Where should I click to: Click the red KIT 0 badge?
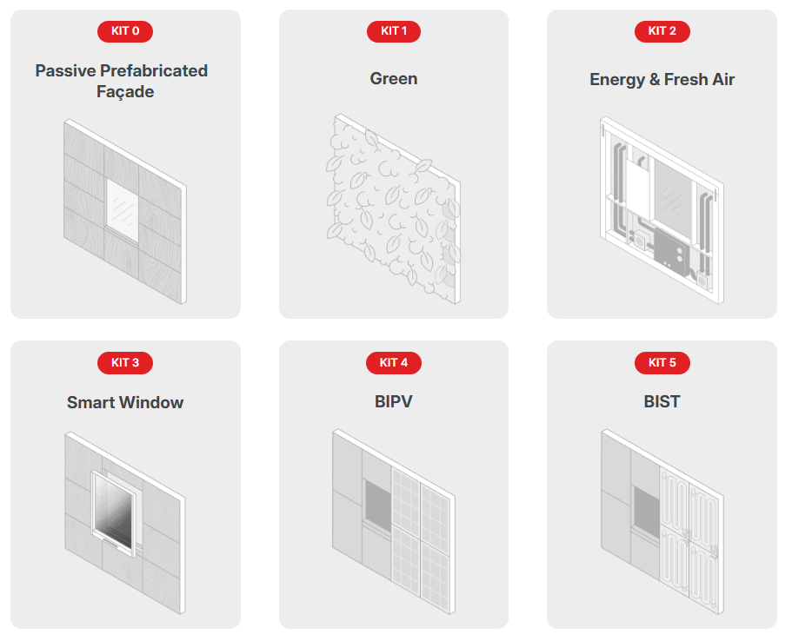pyautogui.click(x=125, y=31)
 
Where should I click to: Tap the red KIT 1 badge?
pyautogui.click(x=394, y=31)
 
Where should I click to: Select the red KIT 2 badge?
pyautogui.click(x=662, y=31)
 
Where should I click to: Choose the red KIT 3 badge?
pyautogui.click(x=125, y=363)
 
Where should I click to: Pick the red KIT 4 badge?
pyautogui.click(x=394, y=363)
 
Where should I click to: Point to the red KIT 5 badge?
pyautogui.click(x=662, y=363)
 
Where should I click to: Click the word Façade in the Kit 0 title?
pyautogui.click(x=125, y=92)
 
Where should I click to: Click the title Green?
pyautogui.click(x=394, y=79)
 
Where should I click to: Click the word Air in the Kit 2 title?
pyautogui.click(x=723, y=79)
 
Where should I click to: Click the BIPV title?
pyautogui.click(x=394, y=402)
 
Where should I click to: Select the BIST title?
pyautogui.click(x=662, y=402)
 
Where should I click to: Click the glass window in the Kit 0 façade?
pyautogui.click(x=123, y=210)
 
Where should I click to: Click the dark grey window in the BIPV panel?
pyautogui.click(x=378, y=506)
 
